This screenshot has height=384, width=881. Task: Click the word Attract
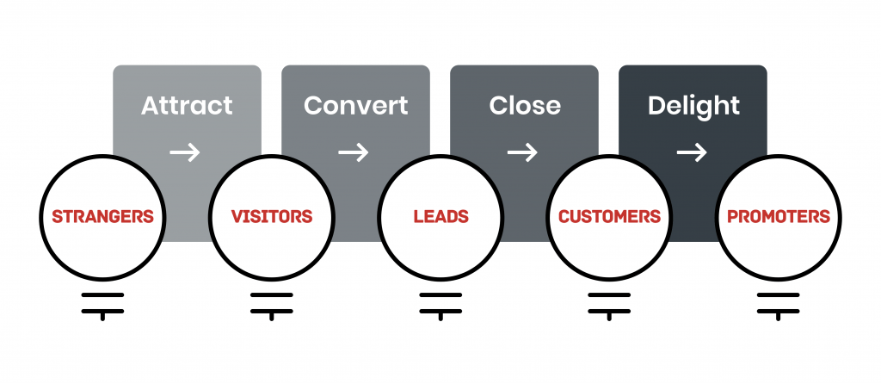(187, 106)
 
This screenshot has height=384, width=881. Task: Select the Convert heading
(355, 106)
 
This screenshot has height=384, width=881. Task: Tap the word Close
(525, 106)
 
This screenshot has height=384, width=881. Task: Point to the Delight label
(693, 106)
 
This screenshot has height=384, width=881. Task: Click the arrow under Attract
(185, 153)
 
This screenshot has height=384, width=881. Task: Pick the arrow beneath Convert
(354, 153)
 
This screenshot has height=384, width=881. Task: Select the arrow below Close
(522, 153)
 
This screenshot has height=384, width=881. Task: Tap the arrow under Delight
(691, 153)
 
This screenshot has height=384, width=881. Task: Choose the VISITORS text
(272, 216)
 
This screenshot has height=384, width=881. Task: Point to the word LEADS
(440, 216)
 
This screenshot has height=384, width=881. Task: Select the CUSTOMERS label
(609, 216)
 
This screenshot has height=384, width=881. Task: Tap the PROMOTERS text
(779, 216)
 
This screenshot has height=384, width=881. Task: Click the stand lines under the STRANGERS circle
(103, 303)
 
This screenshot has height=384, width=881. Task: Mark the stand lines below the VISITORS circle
(272, 303)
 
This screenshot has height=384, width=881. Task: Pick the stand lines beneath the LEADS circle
(440, 303)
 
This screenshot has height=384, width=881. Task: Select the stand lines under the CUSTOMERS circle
(609, 303)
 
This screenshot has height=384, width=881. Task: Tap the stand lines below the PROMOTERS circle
(779, 303)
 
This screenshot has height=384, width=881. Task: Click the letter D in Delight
(656, 106)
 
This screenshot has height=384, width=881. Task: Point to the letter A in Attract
(151, 106)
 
